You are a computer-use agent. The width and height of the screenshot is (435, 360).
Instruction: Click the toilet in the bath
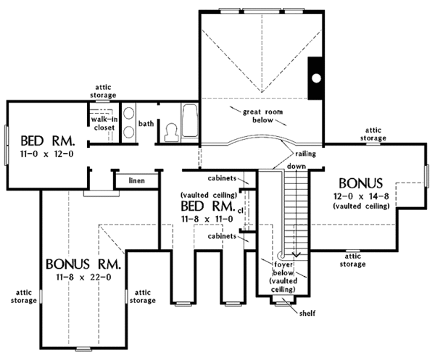point(170,133)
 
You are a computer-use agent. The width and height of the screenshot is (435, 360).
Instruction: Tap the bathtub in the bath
point(190,120)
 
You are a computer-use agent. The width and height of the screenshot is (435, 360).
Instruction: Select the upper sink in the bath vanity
point(129,114)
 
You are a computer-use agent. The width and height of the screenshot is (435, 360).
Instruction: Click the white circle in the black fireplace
point(316,78)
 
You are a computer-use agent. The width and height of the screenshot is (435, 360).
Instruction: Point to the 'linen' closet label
point(137,180)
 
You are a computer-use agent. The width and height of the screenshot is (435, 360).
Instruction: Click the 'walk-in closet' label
point(104,124)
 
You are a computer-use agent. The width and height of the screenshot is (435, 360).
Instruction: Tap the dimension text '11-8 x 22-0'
point(83,277)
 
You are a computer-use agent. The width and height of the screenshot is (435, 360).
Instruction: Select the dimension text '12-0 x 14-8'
point(361,196)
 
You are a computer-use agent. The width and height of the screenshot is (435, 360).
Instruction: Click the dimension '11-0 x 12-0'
point(47,154)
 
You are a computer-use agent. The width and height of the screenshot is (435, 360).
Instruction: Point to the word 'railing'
point(305,154)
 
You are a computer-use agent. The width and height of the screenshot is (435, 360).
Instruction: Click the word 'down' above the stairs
point(297,167)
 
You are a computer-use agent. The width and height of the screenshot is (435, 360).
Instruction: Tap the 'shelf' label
point(307,313)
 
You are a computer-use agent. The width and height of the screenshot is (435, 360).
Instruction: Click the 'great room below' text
point(262,116)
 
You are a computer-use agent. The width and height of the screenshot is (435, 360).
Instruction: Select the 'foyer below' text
point(283,268)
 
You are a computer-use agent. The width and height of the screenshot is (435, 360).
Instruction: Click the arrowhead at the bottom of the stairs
point(297,254)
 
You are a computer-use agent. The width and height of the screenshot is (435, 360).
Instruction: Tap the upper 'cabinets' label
point(222,178)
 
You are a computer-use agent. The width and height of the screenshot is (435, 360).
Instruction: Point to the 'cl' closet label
point(240,211)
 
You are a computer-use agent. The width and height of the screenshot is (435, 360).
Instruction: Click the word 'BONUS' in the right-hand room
point(360,183)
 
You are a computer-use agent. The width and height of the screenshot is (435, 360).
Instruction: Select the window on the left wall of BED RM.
point(6,145)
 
